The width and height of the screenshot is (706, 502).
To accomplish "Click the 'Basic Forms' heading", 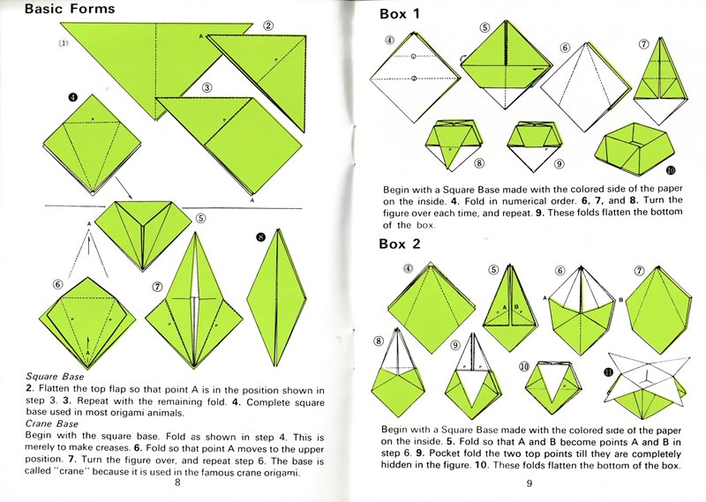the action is [x=70, y=9].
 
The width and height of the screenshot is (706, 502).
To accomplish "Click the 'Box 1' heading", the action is [x=400, y=14].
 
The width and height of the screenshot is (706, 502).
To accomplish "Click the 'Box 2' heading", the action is [x=400, y=244].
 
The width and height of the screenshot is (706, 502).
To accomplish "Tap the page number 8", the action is [x=177, y=483].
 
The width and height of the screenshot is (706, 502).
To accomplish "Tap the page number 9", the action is [x=529, y=483].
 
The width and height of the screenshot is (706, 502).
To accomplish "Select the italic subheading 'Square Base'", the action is [x=55, y=377].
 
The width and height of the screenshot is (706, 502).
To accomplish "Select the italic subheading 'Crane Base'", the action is [x=52, y=423].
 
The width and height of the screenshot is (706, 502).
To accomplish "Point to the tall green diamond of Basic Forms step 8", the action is [x=277, y=298].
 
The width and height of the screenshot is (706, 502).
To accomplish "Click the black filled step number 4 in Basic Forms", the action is [x=73, y=97].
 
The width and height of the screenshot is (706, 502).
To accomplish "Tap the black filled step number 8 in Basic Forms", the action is [x=260, y=237].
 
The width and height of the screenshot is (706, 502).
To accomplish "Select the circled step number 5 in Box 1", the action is [x=484, y=28].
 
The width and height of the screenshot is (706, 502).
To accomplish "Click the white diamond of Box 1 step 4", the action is [x=414, y=78].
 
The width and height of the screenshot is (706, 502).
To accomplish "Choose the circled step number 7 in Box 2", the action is [x=639, y=271].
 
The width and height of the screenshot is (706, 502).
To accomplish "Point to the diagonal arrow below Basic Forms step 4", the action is [x=124, y=187].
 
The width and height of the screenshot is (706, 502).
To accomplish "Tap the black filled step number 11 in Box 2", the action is [x=608, y=372].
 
